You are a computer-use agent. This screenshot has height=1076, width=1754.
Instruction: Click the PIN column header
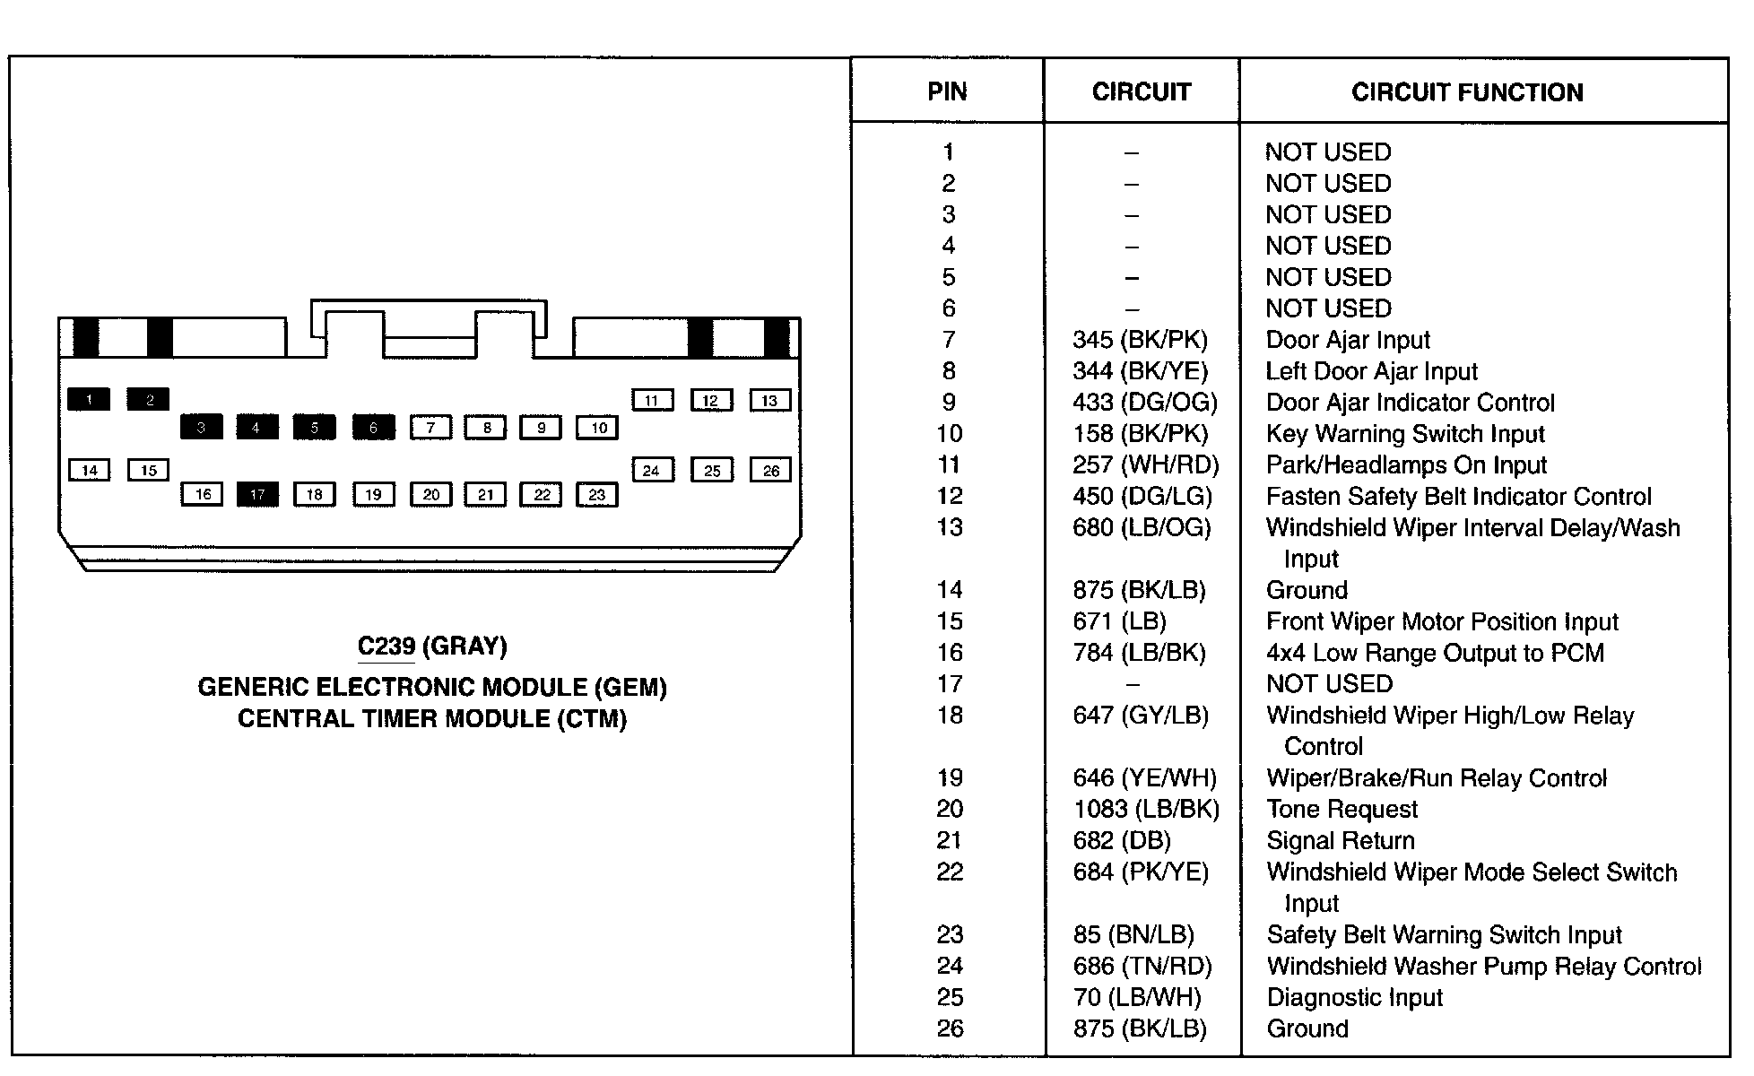pyautogui.click(x=947, y=91)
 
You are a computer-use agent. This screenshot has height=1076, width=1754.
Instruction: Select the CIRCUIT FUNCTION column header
pyautogui.click(x=1467, y=92)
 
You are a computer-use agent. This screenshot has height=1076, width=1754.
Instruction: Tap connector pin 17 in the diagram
pyautogui.click(x=257, y=495)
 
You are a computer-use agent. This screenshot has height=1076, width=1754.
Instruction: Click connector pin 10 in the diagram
pyautogui.click(x=598, y=428)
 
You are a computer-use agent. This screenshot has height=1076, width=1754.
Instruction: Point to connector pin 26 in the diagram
pyautogui.click(x=770, y=471)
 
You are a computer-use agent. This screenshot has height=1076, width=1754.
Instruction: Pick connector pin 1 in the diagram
pyautogui.click(x=89, y=400)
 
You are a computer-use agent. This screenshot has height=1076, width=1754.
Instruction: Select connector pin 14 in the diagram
pyautogui.click(x=90, y=471)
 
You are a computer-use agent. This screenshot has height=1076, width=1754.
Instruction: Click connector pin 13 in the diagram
pyautogui.click(x=769, y=401)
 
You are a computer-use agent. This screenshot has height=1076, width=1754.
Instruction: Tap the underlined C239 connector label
pyautogui.click(x=386, y=646)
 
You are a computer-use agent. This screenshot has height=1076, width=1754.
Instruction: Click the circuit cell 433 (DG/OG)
pyautogui.click(x=1144, y=403)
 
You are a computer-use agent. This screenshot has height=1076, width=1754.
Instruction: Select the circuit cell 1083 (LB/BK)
pyautogui.click(x=1146, y=810)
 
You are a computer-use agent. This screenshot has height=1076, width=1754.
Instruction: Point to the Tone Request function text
pyautogui.click(x=1342, y=810)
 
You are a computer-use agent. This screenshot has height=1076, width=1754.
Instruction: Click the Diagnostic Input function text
pyautogui.click(x=1354, y=998)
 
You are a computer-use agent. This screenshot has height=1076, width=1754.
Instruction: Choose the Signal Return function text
pyautogui.click(x=1340, y=841)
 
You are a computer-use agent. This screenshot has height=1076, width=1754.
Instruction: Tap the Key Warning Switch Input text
pyautogui.click(x=1405, y=434)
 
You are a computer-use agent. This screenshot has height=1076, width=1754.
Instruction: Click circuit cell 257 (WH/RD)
pyautogui.click(x=1145, y=465)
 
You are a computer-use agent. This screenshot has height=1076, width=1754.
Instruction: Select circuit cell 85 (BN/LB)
pyautogui.click(x=1133, y=935)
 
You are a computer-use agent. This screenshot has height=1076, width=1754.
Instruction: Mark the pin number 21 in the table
pyautogui.click(x=949, y=841)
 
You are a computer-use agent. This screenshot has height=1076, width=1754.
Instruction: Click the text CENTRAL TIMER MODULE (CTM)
pyautogui.click(x=431, y=719)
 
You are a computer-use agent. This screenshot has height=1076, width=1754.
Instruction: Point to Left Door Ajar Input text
pyautogui.click(x=1371, y=371)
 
